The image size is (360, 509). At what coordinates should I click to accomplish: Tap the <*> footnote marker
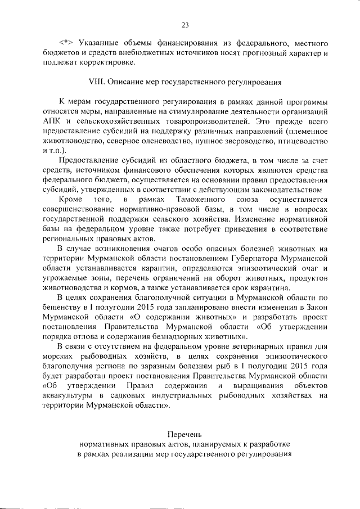67,43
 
